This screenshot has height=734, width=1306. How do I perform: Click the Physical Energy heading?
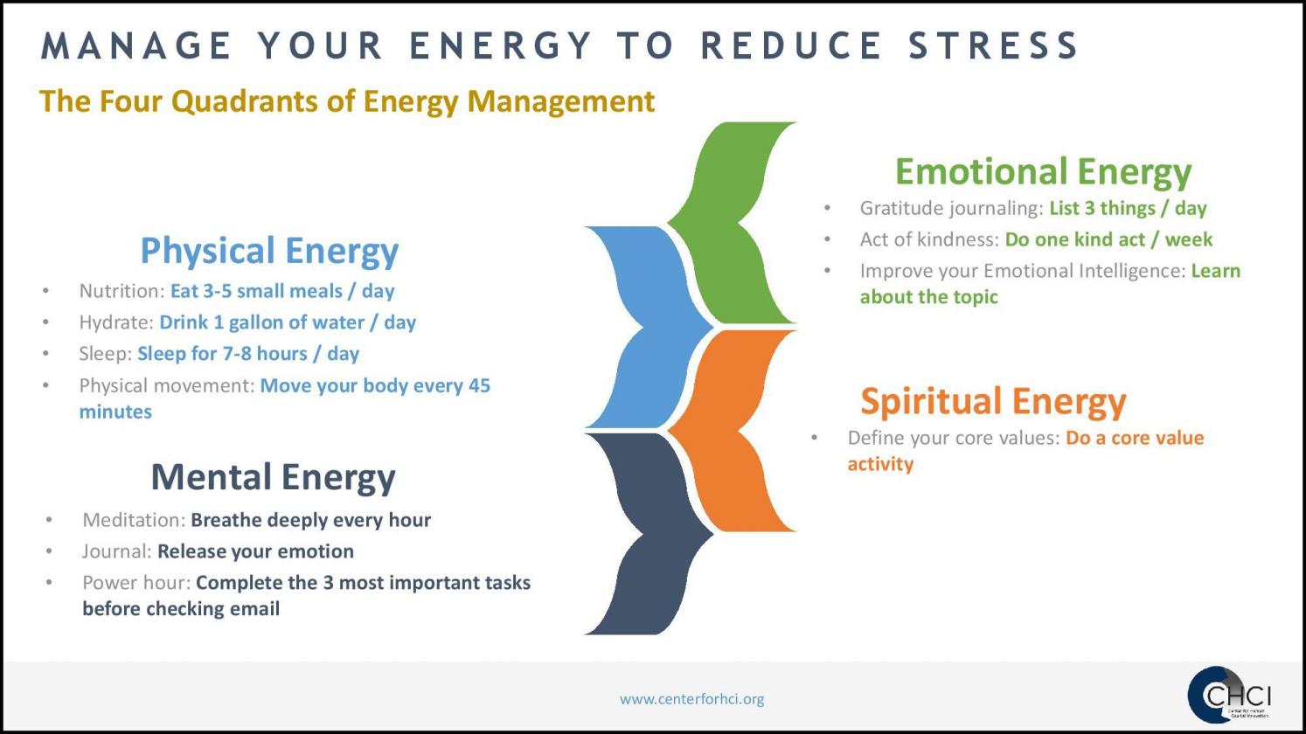269,251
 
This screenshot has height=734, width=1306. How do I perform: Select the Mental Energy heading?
273,477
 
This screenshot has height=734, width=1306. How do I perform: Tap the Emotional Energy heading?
1043,171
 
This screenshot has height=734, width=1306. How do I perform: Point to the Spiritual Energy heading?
993,401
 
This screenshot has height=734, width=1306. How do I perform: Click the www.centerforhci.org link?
691,699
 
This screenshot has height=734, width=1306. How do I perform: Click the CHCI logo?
1229,696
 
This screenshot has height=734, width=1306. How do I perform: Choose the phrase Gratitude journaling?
950,208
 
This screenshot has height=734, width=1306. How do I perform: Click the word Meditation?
133,520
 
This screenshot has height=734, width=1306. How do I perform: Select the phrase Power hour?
135,583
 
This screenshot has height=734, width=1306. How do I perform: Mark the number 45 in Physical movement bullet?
479,385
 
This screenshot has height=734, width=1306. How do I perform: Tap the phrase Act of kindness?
927,239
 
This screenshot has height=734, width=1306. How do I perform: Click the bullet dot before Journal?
50,551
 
